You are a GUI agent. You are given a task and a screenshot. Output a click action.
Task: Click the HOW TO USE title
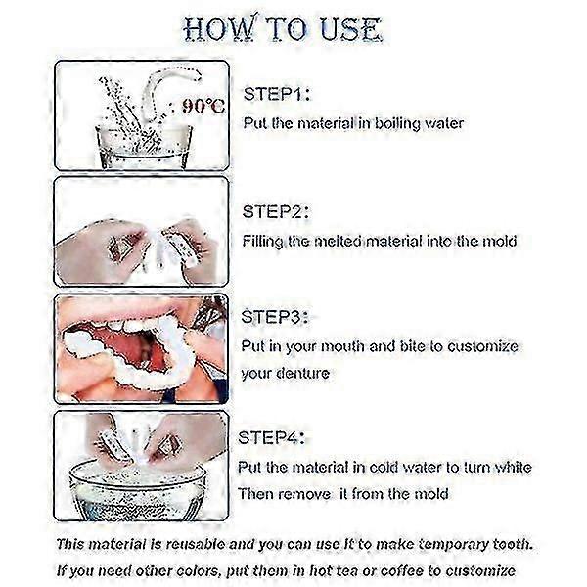(x=283, y=28)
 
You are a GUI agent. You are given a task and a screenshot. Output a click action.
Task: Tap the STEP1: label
(x=277, y=94)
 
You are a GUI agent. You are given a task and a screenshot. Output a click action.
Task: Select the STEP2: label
(x=276, y=212)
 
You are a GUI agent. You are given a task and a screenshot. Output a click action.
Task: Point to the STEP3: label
(x=275, y=317)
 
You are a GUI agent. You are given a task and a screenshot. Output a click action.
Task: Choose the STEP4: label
(x=271, y=437)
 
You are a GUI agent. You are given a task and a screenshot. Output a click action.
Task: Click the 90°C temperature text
(x=203, y=107)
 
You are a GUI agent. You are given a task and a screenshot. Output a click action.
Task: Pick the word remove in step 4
(x=304, y=494)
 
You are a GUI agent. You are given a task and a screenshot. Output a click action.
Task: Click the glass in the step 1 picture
(x=144, y=146)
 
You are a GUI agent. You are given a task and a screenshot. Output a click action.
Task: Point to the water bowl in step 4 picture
(x=138, y=490)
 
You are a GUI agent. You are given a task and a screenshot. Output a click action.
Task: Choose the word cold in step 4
(x=384, y=468)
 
